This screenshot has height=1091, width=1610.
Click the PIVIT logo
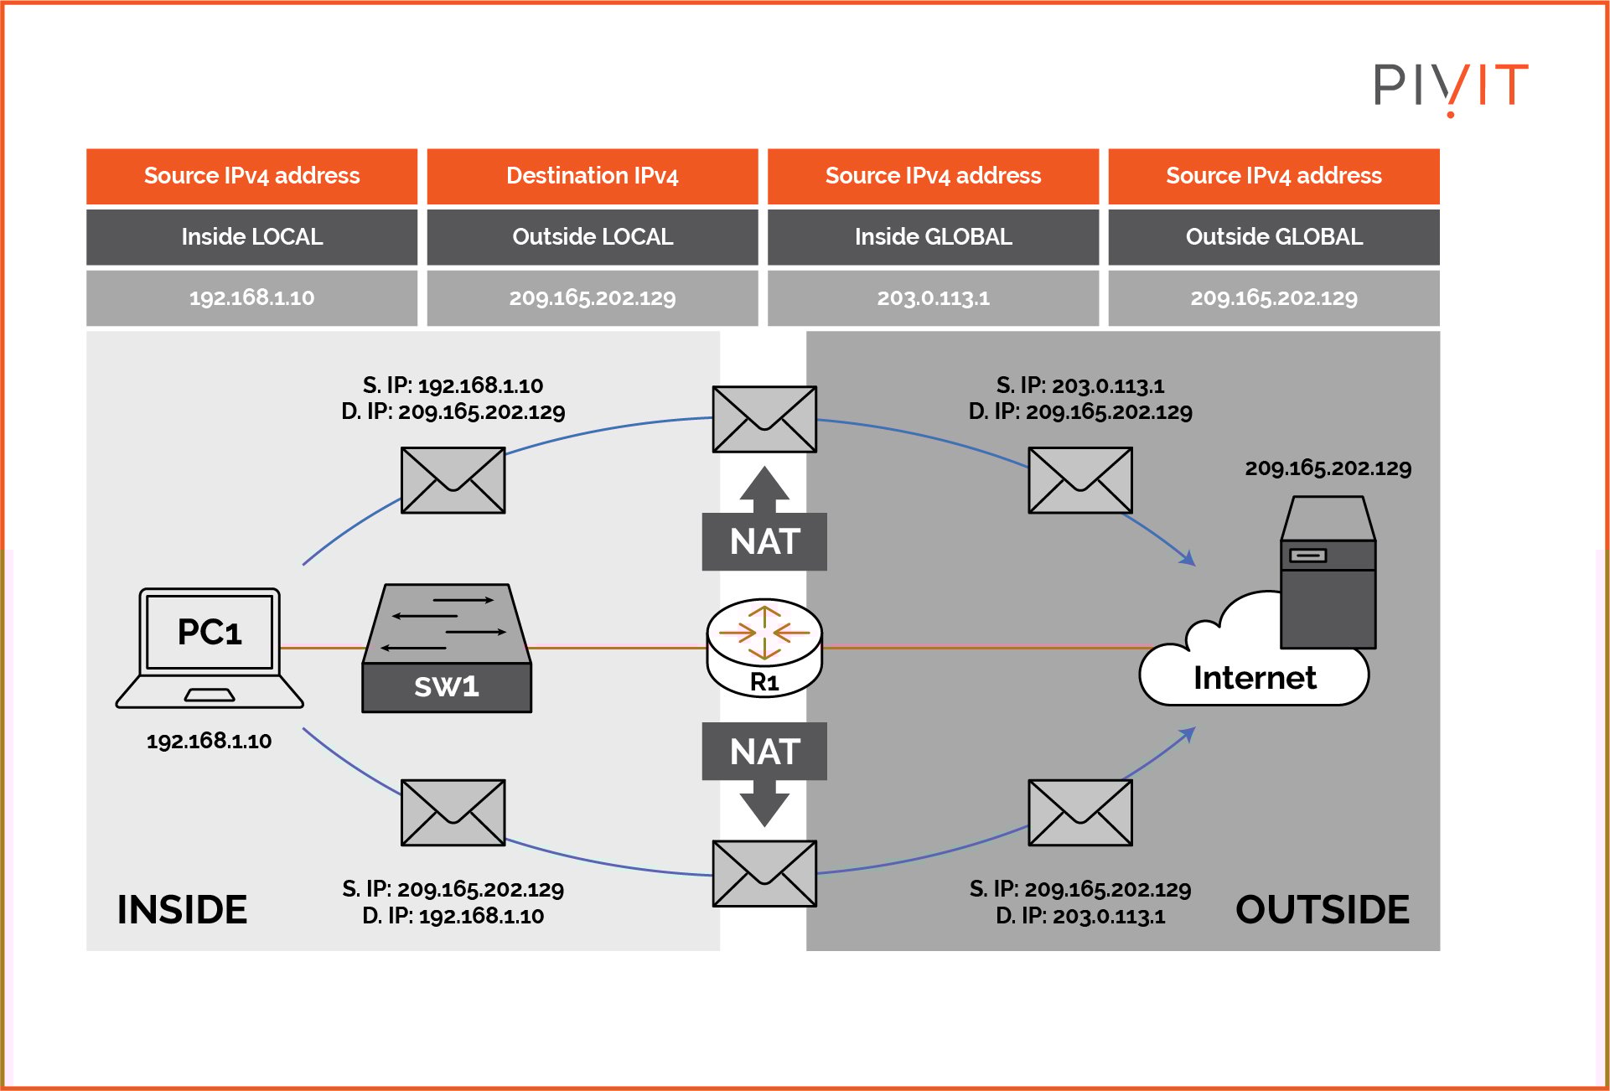pyautogui.click(x=1450, y=86)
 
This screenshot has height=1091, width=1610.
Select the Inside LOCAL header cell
pyautogui.click(x=251, y=237)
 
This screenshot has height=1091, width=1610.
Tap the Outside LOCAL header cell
pyautogui.click(x=593, y=237)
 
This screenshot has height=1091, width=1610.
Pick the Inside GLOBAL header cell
pyautogui.click(x=933, y=237)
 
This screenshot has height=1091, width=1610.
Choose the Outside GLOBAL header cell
pyautogui.click(x=1274, y=237)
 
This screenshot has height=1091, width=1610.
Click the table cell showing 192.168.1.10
pyautogui.click(x=251, y=297)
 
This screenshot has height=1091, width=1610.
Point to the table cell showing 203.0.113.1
pyautogui.click(x=933, y=297)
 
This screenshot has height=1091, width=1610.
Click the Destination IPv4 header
pyautogui.click(x=593, y=176)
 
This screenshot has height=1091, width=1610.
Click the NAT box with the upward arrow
pyautogui.click(x=764, y=540)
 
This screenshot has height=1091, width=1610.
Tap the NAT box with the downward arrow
pyautogui.click(x=764, y=752)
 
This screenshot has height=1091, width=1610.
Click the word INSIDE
pyautogui.click(x=182, y=910)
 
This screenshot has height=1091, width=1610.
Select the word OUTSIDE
pyautogui.click(x=1322, y=910)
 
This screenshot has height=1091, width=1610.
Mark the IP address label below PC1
pyautogui.click(x=209, y=742)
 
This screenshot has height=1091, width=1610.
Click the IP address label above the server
pyautogui.click(x=1328, y=468)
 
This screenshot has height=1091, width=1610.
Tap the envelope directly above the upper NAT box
pyautogui.click(x=764, y=419)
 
